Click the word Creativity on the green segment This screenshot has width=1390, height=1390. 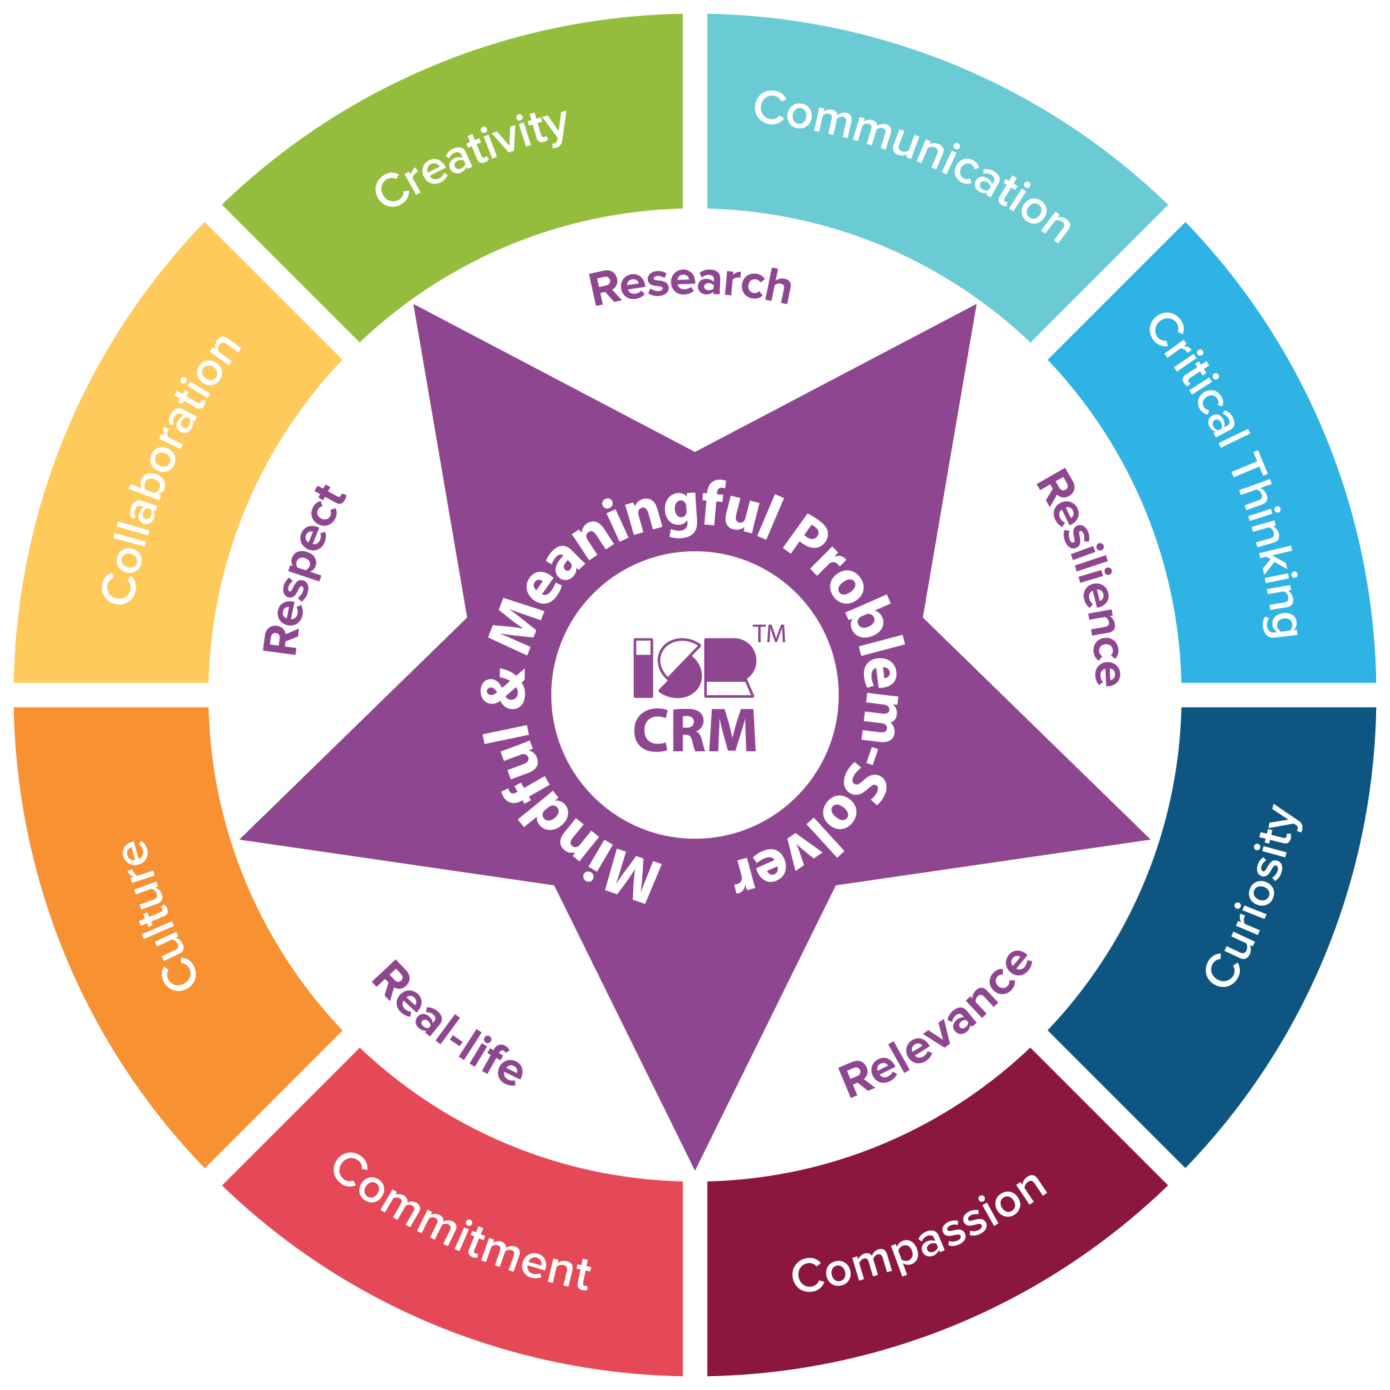(471, 158)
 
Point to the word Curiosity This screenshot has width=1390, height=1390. (1252, 897)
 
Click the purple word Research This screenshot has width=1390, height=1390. (690, 285)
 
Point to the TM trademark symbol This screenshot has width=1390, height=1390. (769, 634)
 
